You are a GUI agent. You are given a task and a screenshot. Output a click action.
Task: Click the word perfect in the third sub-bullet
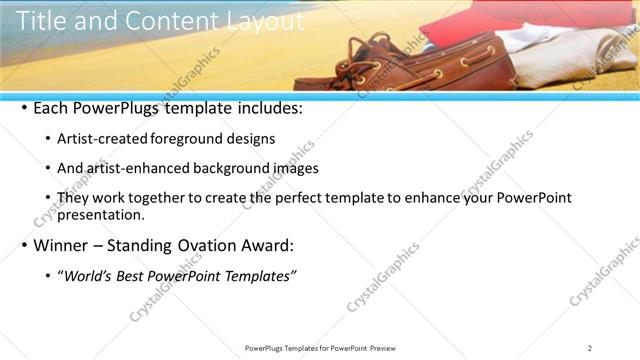[x=277, y=198]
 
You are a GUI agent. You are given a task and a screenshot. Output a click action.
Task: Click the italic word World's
[x=87, y=275]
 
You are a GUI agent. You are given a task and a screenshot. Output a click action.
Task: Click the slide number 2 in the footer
[x=589, y=348]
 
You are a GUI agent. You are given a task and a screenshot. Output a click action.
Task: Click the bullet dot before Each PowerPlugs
[x=24, y=109]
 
